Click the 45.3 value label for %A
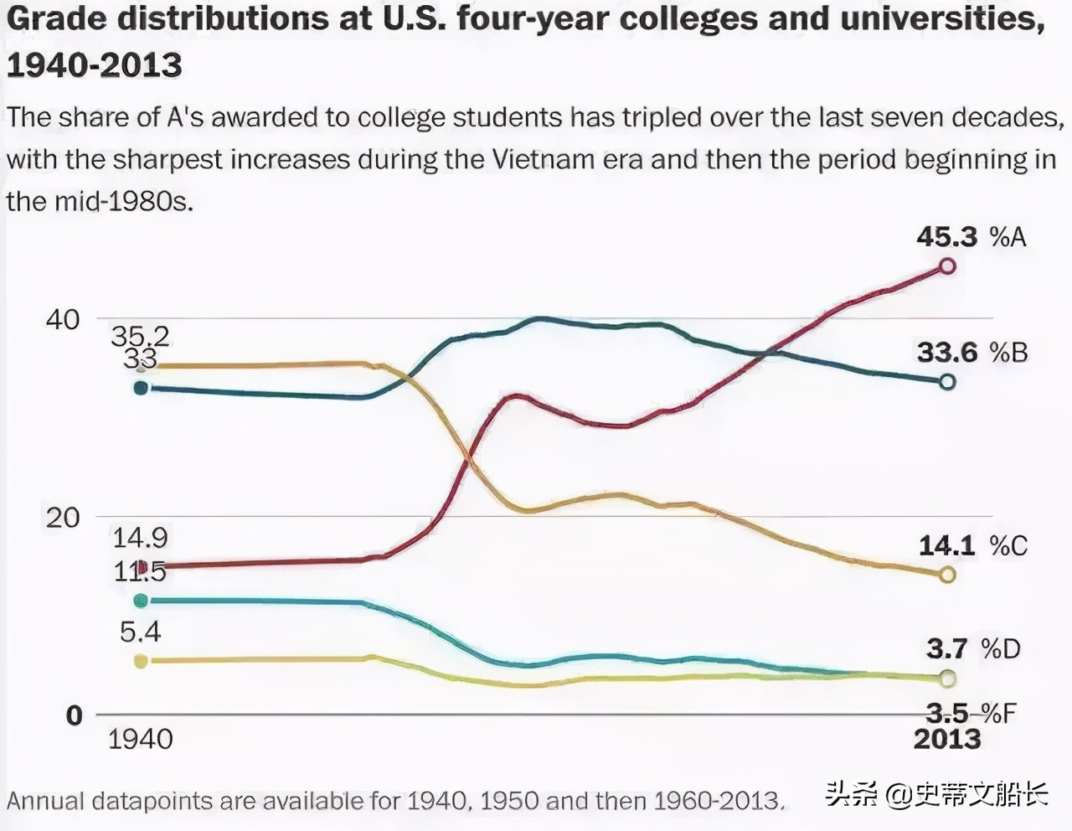tap(946, 237)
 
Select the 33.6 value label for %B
tap(947, 352)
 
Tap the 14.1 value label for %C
tap(947, 546)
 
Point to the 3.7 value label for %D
tap(947, 648)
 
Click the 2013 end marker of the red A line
tap(947, 266)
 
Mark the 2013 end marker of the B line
tap(947, 382)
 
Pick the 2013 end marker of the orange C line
tap(947, 575)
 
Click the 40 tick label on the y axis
tap(63, 319)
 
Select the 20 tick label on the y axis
tap(63, 518)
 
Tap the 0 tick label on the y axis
tap(75, 715)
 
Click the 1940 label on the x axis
tap(141, 739)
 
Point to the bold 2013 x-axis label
tap(947, 739)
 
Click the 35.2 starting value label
tap(140, 337)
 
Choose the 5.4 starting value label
tap(140, 632)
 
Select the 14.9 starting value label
tap(140, 538)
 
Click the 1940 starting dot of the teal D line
tap(141, 601)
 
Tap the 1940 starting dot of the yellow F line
tap(141, 661)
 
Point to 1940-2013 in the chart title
tap(95, 65)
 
